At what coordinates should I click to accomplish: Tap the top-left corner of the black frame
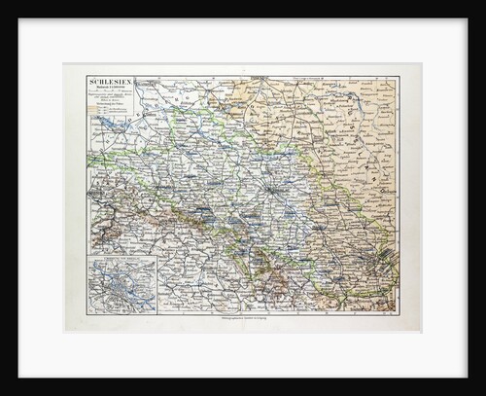click(x=3, y=3)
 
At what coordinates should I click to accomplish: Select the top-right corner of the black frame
click(x=482, y=3)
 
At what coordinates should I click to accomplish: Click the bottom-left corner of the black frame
click(x=3, y=392)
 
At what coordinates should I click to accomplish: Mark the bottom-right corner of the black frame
click(x=482, y=392)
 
